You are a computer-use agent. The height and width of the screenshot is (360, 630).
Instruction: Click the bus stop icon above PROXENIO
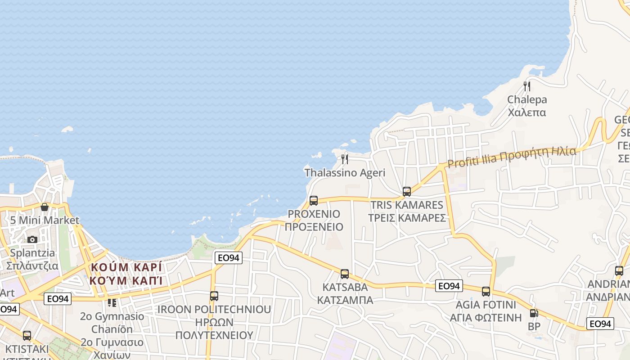[x=314, y=201]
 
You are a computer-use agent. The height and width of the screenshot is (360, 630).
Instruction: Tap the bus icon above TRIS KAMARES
[x=407, y=192]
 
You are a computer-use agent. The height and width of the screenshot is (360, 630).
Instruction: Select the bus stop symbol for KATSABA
[x=345, y=274]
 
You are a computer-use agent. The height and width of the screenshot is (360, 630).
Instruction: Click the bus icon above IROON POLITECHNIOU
[x=214, y=296]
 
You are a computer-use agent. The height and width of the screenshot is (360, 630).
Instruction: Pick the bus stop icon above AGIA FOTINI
[x=486, y=291]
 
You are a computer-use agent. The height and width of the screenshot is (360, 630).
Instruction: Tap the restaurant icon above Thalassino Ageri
[x=345, y=159]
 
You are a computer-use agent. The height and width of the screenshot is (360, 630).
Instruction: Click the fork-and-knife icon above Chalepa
[x=527, y=86]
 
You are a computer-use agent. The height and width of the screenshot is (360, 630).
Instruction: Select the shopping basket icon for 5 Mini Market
[x=45, y=207]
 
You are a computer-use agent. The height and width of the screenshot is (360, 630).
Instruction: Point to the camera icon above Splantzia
[x=32, y=239]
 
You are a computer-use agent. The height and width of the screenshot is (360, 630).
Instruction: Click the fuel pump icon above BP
[x=534, y=313]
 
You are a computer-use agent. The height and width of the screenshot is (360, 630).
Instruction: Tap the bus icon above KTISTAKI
[x=27, y=336]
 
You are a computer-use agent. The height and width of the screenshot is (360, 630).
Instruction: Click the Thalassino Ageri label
[x=345, y=173]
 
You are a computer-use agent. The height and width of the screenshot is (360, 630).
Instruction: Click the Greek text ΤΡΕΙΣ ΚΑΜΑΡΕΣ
[x=407, y=218]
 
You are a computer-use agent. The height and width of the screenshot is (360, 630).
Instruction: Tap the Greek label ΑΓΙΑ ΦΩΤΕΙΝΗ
[x=486, y=318]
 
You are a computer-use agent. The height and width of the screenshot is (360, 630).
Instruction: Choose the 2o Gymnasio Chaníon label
[x=112, y=323]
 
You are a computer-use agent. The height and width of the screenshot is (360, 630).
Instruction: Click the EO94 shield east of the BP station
[x=600, y=324]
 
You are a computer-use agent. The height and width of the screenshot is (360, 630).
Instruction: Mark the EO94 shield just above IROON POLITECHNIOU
[x=229, y=258]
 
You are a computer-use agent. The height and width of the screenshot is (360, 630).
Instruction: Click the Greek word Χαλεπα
[x=527, y=112]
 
